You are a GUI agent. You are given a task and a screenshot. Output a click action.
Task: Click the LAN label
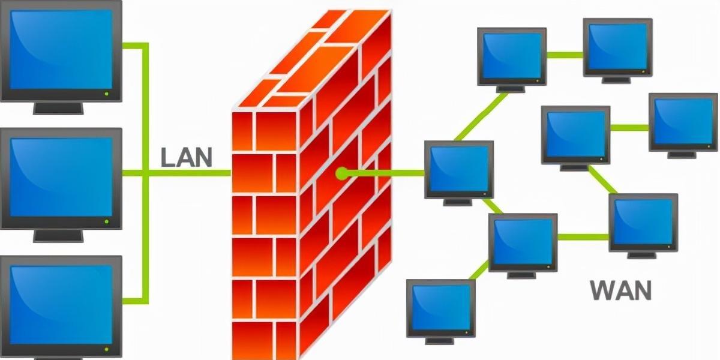(187, 157)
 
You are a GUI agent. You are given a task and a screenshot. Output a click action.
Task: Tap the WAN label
(620, 290)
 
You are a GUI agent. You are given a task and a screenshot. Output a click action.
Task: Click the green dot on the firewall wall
(341, 174)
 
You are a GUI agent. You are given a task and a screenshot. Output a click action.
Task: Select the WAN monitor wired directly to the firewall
(459, 170)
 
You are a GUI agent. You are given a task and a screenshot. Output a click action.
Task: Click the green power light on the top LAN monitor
(107, 94)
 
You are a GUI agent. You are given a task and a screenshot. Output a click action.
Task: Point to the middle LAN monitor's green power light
(107, 221)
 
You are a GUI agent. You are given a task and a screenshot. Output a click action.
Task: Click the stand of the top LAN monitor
(58, 107)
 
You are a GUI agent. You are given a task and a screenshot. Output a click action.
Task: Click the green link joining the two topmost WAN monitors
(565, 55)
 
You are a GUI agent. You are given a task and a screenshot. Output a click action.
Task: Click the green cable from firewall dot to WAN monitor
(384, 174)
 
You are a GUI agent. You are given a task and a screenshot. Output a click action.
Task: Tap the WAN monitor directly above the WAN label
(643, 222)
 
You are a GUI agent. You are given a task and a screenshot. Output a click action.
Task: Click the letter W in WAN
(601, 290)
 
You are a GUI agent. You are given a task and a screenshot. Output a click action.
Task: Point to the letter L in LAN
(167, 157)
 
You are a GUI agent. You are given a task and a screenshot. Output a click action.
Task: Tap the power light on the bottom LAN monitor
(107, 349)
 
